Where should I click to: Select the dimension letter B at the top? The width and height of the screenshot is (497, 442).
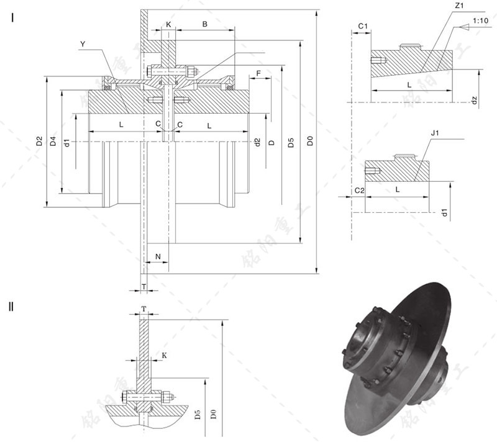click(x=204, y=24)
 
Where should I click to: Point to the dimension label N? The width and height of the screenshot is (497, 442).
click(x=157, y=256)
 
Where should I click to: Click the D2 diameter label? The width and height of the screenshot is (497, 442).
click(x=39, y=142)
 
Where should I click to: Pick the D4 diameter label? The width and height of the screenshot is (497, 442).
click(x=53, y=142)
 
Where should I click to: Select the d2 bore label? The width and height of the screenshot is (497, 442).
click(x=257, y=142)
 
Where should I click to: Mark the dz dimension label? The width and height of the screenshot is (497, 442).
click(x=473, y=99)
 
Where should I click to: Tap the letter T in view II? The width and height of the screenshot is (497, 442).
click(x=144, y=309)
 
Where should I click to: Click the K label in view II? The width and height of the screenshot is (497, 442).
click(x=164, y=355)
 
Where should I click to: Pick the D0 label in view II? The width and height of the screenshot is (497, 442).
click(x=213, y=412)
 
